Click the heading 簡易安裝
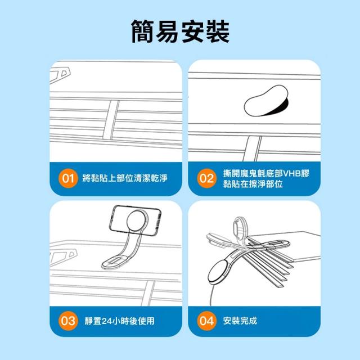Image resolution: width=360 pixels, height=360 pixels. [x=180, y=31]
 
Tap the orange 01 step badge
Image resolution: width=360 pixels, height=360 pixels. [x=68, y=178]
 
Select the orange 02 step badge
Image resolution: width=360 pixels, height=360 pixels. [x=206, y=178]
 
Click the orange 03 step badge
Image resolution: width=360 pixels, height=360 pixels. [x=68, y=321]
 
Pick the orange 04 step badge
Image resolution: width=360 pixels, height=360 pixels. [x=206, y=321]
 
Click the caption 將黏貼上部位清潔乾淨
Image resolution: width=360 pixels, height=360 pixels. [x=125, y=178]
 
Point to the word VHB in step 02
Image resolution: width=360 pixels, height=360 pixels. [x=291, y=174]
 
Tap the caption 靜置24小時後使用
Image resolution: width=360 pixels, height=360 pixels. [x=119, y=321]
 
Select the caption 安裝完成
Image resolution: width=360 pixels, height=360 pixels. [x=240, y=321]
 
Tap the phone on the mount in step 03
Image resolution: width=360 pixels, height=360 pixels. [x=135, y=219]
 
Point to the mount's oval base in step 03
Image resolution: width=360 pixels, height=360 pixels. [x=116, y=262]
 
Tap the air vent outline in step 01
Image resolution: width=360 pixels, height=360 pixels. [x=60, y=74]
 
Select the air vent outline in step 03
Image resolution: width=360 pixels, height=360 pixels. [x=63, y=258]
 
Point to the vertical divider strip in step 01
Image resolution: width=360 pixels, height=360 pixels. [x=111, y=120]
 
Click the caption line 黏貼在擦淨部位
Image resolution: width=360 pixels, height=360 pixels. [x=253, y=184]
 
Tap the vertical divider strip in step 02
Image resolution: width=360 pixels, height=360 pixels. [x=253, y=148]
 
